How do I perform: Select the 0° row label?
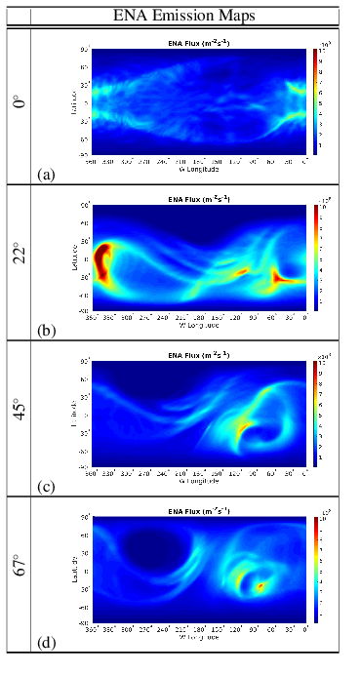point(17,104)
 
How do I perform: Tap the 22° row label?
point(17,262)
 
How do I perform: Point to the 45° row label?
point(17,418)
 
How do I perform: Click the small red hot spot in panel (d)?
point(260,586)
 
